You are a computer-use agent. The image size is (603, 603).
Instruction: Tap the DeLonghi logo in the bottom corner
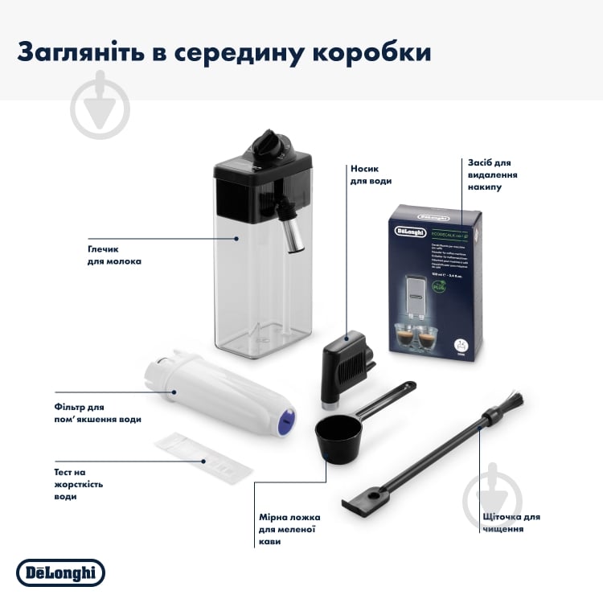[61, 572]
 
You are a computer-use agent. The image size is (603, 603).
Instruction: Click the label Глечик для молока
[114, 255]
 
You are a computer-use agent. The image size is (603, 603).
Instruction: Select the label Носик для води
[371, 175]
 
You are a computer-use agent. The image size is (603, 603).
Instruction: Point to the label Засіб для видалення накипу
[493, 174]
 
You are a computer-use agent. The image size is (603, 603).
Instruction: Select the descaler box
[433, 280]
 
